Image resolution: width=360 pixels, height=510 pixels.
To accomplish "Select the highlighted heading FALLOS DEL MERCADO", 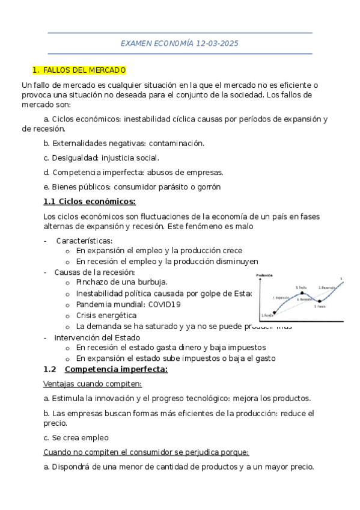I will [x=85, y=70].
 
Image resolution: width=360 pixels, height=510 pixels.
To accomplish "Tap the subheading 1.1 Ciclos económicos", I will [x=90, y=201].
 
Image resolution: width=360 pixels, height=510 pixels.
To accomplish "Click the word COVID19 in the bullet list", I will [x=160, y=304].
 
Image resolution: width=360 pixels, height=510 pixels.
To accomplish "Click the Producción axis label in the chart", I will [x=264, y=275].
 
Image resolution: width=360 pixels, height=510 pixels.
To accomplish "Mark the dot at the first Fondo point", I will [x=275, y=312].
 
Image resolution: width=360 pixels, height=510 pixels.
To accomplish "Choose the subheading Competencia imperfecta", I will [x=115, y=369].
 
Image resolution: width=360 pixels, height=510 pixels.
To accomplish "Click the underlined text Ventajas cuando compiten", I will [x=93, y=384].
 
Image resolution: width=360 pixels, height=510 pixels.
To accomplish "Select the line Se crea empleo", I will [x=76, y=438].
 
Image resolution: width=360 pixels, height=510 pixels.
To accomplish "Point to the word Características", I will [x=84, y=241].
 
